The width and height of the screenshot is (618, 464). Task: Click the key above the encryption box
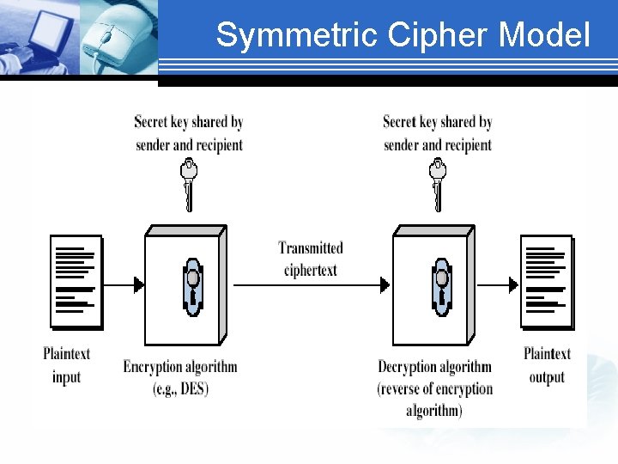click(189, 182)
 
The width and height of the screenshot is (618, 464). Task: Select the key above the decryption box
click(438, 182)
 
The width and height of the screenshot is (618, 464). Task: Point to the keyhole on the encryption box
click(192, 286)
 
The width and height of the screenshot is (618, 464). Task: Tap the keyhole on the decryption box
click(442, 286)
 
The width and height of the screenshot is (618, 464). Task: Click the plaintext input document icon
click(76, 282)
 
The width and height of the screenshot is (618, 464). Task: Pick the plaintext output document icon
click(547, 282)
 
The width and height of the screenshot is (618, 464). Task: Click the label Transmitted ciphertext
click(311, 259)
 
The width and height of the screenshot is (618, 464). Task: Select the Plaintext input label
click(66, 365)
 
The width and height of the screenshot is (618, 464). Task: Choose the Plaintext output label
click(547, 365)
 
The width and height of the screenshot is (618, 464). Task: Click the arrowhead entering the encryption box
click(138, 284)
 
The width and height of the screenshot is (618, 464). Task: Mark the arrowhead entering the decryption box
click(387, 284)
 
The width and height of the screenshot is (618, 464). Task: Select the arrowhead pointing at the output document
click(514, 284)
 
